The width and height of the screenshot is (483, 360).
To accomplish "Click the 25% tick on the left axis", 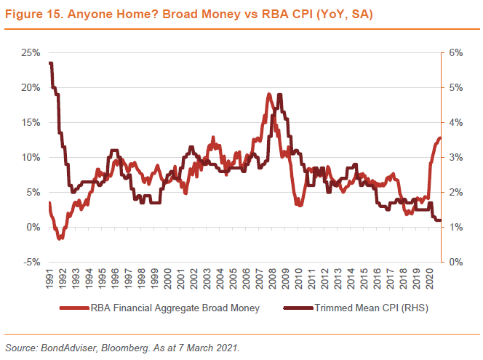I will tap(31, 52).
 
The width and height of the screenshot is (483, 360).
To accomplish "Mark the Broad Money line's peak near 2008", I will tap(269, 94).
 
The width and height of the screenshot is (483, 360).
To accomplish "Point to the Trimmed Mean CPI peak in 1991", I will tap(50, 63).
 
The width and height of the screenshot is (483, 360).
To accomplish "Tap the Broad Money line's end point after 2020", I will tap(440, 138).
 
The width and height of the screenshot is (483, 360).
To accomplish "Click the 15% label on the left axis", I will tap(31, 122).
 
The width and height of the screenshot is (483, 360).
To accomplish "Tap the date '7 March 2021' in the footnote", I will tap(207, 348).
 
